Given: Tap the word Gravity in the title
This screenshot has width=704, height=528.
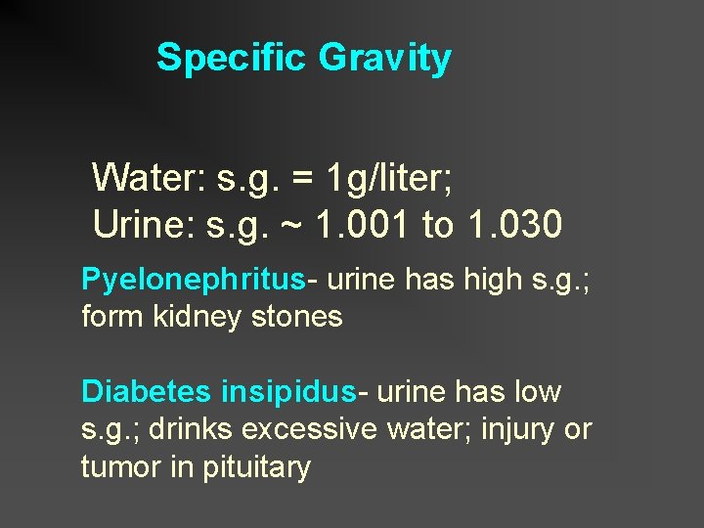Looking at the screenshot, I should (384, 58).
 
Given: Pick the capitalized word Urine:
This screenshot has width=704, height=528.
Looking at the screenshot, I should (144, 225).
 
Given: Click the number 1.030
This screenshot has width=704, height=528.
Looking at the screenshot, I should (514, 225).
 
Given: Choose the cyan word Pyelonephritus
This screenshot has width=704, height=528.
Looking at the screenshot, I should (193, 280).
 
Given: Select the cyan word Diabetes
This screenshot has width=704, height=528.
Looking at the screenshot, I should (146, 392).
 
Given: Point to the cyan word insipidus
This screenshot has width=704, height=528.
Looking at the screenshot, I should (287, 392).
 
